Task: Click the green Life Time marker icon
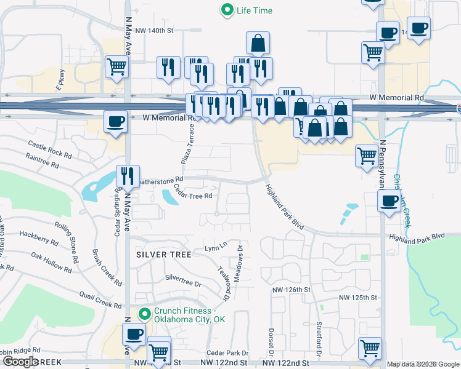coord(227,10)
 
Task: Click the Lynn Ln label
coord(216,248)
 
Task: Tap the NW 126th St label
coord(293,290)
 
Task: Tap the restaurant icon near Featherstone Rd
coord(128,176)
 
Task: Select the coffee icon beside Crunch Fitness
coord(134,335)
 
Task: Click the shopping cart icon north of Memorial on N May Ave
coord(116,66)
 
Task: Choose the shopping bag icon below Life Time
coord(258,43)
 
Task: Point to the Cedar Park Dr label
coord(227,353)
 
